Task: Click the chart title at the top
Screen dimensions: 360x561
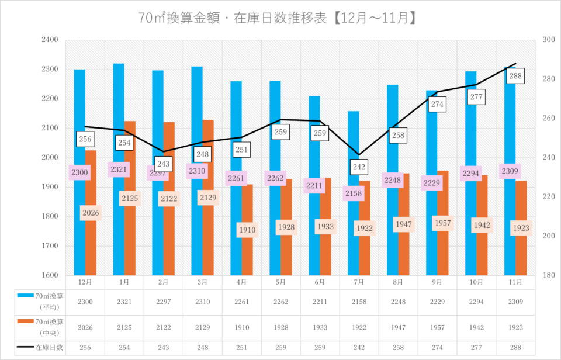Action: pyautogui.click(x=278, y=18)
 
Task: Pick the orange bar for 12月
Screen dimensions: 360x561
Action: pyautogui.click(x=91, y=245)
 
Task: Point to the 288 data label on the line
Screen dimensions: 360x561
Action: pyautogui.click(x=515, y=76)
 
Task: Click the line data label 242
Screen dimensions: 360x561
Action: pyautogui.click(x=359, y=168)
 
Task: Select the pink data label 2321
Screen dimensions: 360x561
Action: pyautogui.click(x=119, y=169)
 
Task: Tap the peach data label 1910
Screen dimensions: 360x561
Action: pyautogui.click(x=247, y=230)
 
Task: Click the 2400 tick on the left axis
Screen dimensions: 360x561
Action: pyautogui.click(x=50, y=40)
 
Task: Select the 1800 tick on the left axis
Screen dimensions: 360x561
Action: pyautogui.click(x=50, y=216)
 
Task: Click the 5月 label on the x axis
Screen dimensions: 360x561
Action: pyautogui.click(x=280, y=282)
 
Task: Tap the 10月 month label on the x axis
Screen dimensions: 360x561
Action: pyautogui.click(x=476, y=282)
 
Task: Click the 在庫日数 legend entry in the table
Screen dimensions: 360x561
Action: pyautogui.click(x=49, y=347)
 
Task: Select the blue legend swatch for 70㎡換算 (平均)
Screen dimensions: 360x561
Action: pyautogui.click(x=25, y=296)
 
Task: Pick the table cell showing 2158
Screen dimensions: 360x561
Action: pyautogui.click(x=359, y=302)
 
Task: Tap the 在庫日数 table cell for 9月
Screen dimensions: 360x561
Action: pyautogui.click(x=437, y=347)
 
